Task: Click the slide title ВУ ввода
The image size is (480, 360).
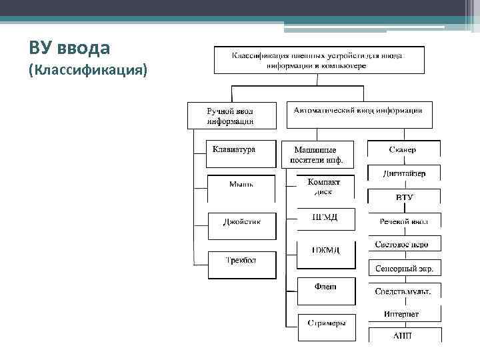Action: point(70,48)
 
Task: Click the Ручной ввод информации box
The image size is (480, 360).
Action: point(231,115)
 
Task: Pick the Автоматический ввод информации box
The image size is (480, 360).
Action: point(359,114)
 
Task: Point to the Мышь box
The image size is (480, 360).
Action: point(241,188)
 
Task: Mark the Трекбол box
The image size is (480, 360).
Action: point(241,264)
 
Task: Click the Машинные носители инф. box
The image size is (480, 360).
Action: point(317,155)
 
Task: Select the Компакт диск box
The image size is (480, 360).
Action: point(324,187)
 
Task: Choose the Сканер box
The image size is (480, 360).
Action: point(404,151)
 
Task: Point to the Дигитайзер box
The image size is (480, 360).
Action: point(404,174)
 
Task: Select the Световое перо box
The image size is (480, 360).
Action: point(404,245)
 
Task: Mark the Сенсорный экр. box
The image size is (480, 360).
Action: point(404,269)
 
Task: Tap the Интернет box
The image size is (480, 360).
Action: point(404,314)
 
